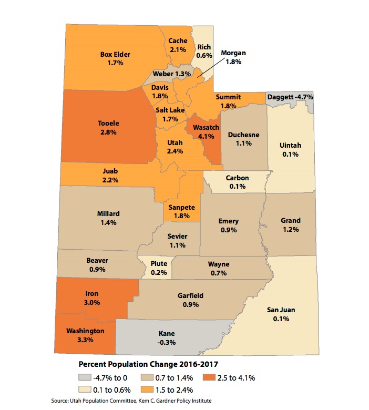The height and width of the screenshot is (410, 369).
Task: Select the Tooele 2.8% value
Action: pyautogui.click(x=108, y=132)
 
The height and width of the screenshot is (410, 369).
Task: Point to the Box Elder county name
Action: pyautogui.click(x=115, y=54)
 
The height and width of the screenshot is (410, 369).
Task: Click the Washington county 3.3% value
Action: pyautogui.click(x=85, y=340)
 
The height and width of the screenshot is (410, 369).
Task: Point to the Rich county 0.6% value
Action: pyautogui.click(x=203, y=55)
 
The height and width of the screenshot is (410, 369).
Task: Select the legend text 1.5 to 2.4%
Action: pyautogui.click(x=175, y=389)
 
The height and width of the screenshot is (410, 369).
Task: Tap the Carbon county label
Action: pyautogui.click(x=237, y=178)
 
